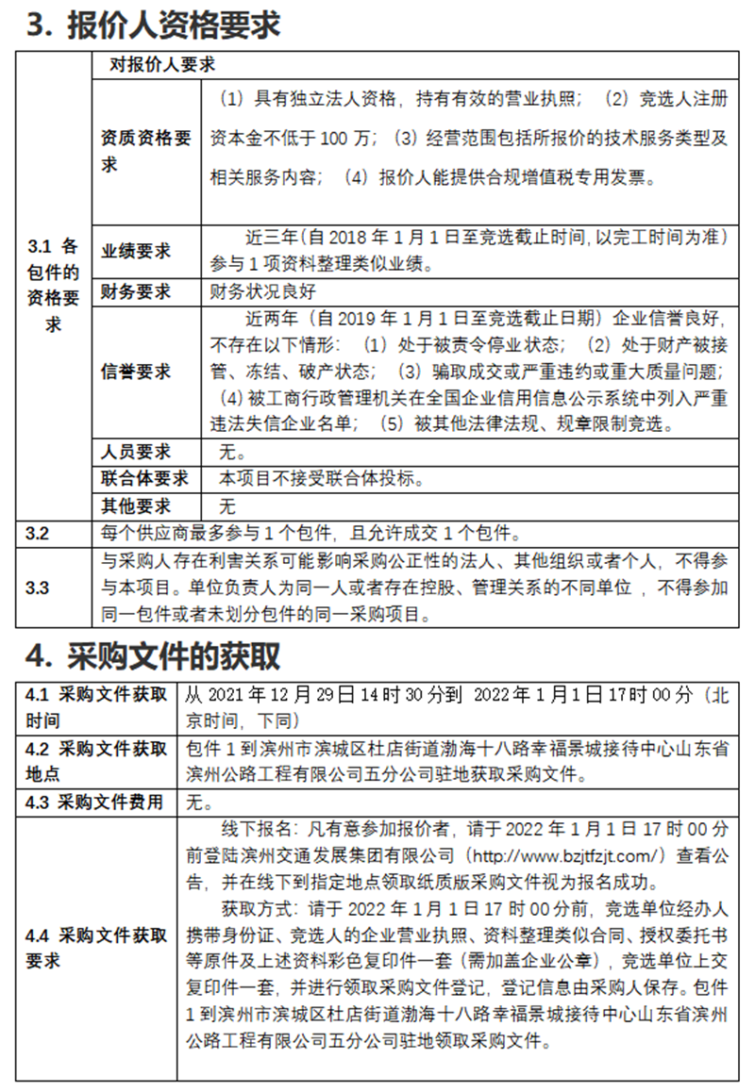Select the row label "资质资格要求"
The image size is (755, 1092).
[145, 151]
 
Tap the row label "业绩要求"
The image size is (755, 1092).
[136, 251]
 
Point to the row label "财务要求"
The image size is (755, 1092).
[136, 291]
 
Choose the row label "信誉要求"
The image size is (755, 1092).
[136, 372]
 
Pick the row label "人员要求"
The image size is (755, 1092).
[136, 452]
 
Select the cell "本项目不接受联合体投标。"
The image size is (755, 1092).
[320, 478]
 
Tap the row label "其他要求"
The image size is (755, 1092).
[136, 505]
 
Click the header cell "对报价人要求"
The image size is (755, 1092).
[162, 64]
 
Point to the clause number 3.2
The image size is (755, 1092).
[37, 533]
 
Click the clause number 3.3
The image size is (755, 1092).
[37, 587]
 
